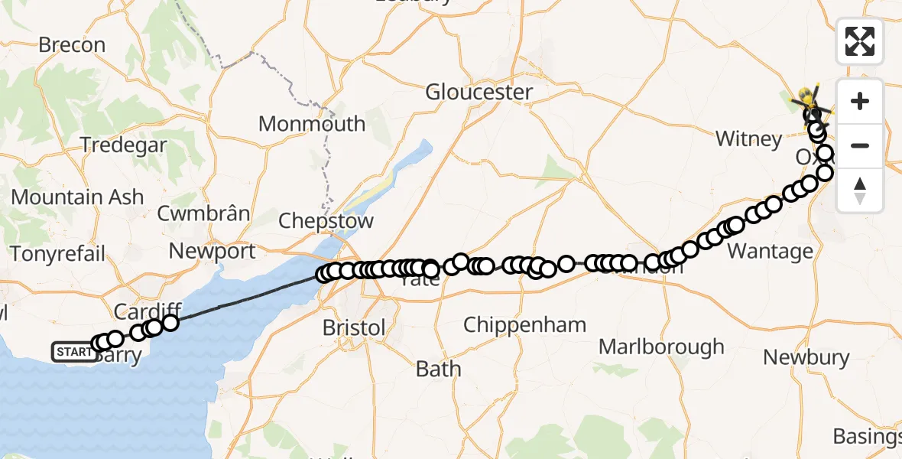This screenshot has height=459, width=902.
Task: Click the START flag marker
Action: tap(73, 352)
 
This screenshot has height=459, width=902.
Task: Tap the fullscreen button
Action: tap(860, 41)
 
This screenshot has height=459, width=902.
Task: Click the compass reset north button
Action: tap(860, 190)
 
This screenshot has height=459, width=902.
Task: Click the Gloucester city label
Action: tap(479, 93)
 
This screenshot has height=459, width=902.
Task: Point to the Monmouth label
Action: tap(312, 124)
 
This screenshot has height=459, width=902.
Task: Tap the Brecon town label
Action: tap(72, 45)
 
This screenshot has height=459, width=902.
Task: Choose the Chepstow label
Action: tap(326, 222)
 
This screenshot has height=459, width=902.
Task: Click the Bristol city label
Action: tap(354, 328)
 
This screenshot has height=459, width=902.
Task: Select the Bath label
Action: tap(438, 369)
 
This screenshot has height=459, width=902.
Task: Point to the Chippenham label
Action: tap(525, 325)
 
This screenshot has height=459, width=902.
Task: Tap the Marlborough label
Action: tap(661, 347)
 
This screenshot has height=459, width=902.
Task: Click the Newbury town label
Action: tap(806, 357)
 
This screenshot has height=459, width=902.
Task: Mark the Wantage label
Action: tap(770, 252)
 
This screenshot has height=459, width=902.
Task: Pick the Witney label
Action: tap(748, 139)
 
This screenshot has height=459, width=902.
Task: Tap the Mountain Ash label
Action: tap(77, 197)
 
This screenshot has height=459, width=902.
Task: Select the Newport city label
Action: tap(213, 251)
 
